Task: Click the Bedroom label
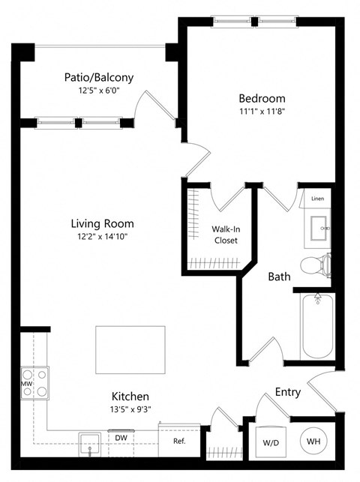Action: pyautogui.click(x=262, y=98)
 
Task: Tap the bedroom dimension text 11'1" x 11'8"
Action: pyautogui.click(x=262, y=112)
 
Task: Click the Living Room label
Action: pyautogui.click(x=102, y=223)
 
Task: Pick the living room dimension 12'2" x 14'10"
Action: pyautogui.click(x=102, y=237)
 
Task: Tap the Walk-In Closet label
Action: pyautogui.click(x=223, y=234)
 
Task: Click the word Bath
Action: pyautogui.click(x=280, y=277)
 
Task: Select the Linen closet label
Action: pyautogui.click(x=318, y=199)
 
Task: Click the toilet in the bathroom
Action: pyautogui.click(x=315, y=265)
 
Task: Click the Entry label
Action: pyautogui.click(x=289, y=391)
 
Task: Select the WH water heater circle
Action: pyautogui.click(x=312, y=442)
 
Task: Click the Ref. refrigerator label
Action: pyautogui.click(x=179, y=442)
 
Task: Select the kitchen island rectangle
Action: pyautogui.click(x=130, y=349)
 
